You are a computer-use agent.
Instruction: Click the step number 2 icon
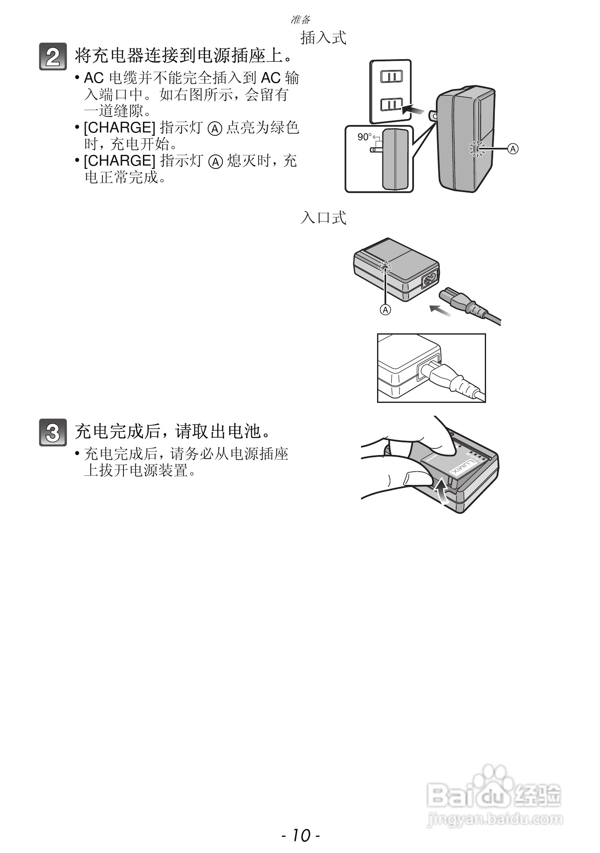53,57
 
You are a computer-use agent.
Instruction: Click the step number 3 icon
53,433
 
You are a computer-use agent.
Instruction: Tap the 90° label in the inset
365,137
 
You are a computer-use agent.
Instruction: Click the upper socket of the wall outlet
391,76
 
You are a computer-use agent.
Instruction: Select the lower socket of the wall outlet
391,104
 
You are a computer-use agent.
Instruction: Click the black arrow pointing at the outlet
414,110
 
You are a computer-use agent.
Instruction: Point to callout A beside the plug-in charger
513,149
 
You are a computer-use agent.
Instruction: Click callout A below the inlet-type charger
385,309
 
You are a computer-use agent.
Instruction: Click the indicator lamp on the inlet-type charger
385,269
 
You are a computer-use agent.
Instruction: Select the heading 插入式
323,38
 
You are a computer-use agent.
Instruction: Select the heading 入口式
323,218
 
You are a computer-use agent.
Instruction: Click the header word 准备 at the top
300,19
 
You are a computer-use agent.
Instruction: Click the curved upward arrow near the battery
442,491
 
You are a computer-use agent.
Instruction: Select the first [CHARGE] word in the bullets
119,128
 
